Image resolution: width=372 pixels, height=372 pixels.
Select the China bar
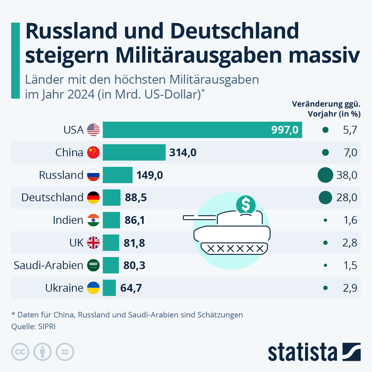point(134,153)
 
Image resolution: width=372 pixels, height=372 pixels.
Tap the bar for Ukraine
point(109,288)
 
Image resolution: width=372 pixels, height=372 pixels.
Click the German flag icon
point(93,197)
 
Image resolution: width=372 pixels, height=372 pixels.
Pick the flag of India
point(93,220)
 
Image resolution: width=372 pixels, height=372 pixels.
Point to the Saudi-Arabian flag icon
point(93,265)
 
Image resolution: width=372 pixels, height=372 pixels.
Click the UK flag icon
point(93,243)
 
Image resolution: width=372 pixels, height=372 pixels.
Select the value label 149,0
point(150,175)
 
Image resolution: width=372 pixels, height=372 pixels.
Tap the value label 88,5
point(136,197)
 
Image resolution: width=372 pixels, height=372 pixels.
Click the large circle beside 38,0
point(325,175)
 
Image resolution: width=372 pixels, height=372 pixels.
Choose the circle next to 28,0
point(325,197)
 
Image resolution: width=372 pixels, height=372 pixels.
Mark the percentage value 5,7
point(350,130)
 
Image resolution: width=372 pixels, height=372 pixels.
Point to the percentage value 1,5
point(350,265)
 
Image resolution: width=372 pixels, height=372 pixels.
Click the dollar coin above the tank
point(246,205)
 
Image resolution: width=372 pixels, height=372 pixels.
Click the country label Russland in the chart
point(61,175)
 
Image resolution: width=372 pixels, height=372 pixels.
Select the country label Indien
point(68,220)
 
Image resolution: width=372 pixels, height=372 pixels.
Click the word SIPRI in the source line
point(47,327)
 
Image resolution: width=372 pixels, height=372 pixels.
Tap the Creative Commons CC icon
point(20,352)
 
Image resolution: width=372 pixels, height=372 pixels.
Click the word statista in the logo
point(302,352)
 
